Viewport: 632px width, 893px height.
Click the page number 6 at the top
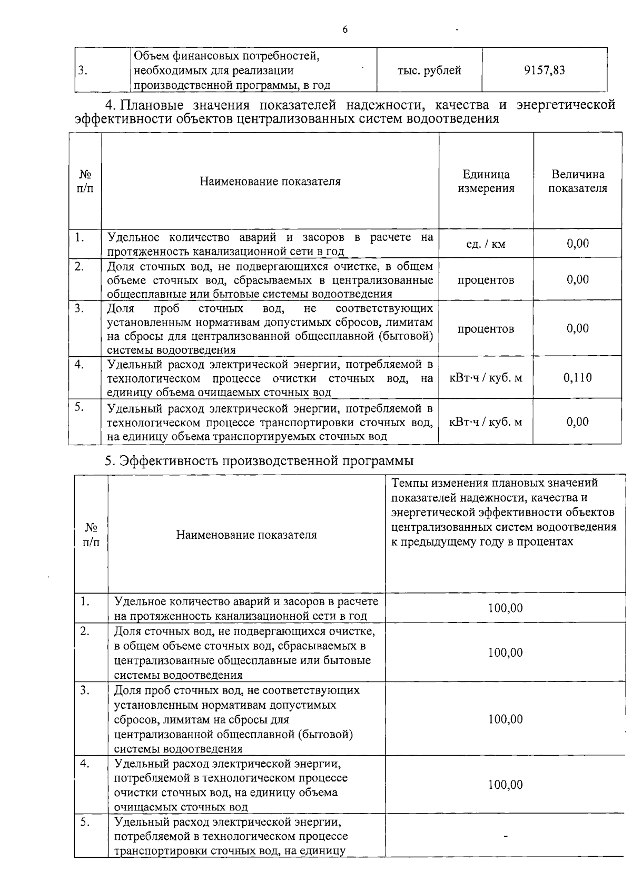coord(345,29)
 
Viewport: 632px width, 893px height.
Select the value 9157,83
coord(544,70)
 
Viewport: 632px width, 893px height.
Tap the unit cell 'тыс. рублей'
coord(429,70)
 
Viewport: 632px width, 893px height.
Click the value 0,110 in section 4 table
coord(577,377)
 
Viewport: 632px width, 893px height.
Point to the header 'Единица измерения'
coord(486,181)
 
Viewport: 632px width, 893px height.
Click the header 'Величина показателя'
coord(577,181)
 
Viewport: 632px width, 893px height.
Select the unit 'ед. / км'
coord(486,244)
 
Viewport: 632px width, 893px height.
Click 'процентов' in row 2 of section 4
coord(486,280)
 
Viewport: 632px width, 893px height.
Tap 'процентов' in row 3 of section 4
coord(486,329)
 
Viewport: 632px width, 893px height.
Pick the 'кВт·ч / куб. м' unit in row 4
coord(486,377)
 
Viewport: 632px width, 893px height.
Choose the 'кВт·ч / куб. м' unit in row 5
coord(486,422)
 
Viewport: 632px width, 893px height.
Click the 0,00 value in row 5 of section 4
coord(577,422)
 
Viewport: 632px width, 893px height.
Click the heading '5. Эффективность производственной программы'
coord(259,461)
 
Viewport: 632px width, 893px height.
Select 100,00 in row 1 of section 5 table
coord(505,608)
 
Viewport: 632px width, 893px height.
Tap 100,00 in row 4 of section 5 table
coord(505,785)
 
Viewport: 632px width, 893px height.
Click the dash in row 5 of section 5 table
coord(505,836)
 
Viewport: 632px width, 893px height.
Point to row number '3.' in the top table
coord(82,71)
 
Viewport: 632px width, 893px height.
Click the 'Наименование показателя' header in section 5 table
coord(246,535)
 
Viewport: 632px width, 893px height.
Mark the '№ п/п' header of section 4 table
coord(85,181)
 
